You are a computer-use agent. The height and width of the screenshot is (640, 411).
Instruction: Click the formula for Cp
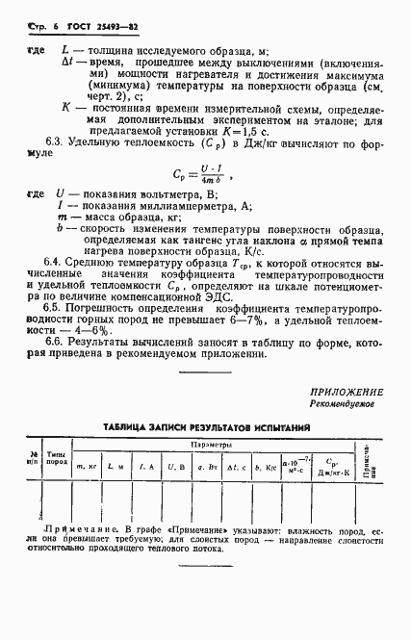click(206, 174)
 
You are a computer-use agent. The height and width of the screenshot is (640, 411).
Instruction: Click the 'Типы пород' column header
click(58, 457)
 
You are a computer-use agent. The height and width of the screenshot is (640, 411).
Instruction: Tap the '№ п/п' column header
click(36, 457)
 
